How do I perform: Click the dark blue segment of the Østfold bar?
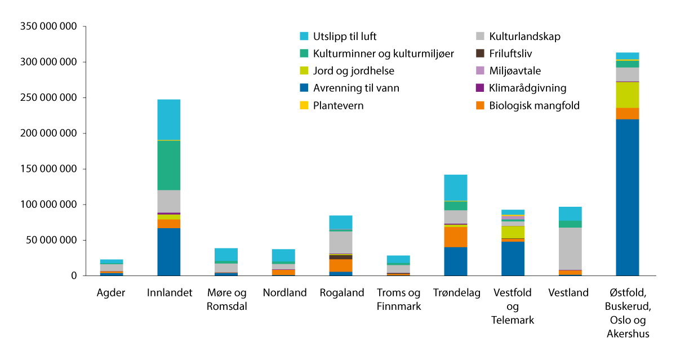click(627, 197)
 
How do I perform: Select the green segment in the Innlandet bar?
click(168, 165)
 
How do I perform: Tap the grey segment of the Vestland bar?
click(570, 248)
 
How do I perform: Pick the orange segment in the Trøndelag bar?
click(455, 237)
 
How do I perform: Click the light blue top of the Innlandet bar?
click(168, 119)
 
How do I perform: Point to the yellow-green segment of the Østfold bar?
click(627, 95)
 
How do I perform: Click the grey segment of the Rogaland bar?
click(340, 242)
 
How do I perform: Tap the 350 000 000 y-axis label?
click(49, 26)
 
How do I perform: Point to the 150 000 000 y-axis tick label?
click(49, 169)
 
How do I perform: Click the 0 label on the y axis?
click(74, 276)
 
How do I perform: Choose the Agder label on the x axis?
click(111, 293)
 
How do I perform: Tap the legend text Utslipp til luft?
click(344, 37)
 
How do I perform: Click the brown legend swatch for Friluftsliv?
click(480, 54)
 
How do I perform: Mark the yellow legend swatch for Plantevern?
click(304, 105)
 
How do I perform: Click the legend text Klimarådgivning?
click(527, 88)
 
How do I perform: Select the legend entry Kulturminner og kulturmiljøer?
click(383, 54)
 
